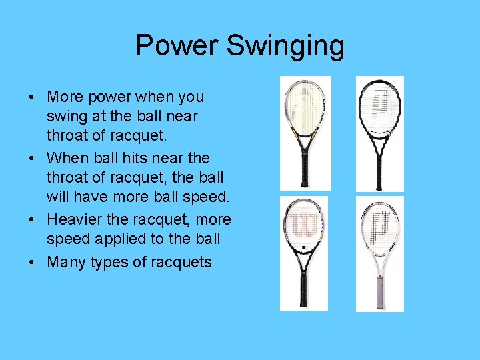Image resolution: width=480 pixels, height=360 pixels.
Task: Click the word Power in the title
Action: [177, 46]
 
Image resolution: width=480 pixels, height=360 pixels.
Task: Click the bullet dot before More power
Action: [32, 97]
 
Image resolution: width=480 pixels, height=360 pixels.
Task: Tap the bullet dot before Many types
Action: [32, 263]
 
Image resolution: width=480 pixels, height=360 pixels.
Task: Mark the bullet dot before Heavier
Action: [32, 220]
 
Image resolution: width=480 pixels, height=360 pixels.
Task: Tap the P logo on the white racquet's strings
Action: [380, 223]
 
